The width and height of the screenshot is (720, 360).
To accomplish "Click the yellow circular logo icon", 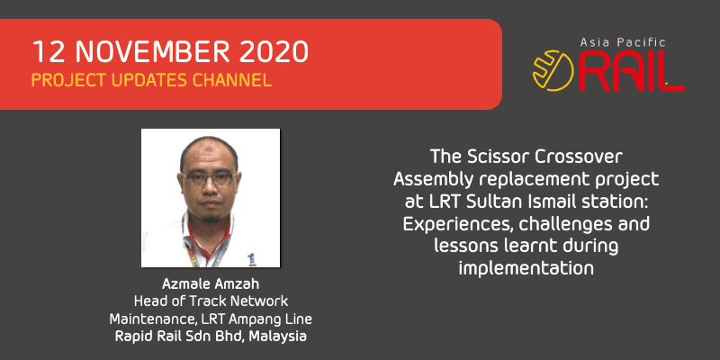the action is (552, 71).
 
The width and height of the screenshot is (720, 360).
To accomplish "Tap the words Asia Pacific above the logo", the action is (623, 42).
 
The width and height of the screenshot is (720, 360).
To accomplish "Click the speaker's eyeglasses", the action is (208, 178).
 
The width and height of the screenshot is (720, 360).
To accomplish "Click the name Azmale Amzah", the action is (211, 283).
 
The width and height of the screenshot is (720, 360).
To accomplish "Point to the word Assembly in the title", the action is (433, 180).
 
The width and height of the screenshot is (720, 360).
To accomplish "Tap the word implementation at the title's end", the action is (526, 268).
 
